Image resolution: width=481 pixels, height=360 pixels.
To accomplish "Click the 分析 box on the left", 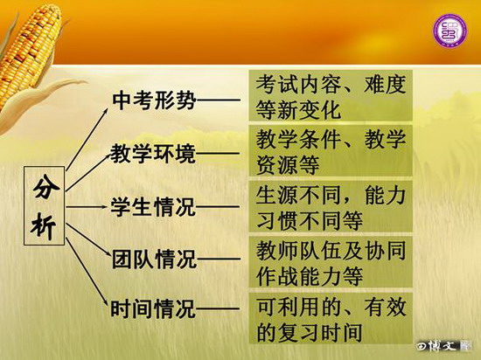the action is [45, 206].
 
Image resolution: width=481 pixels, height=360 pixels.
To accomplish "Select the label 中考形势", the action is [154, 100].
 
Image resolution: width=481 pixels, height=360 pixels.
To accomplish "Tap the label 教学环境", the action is [153, 153].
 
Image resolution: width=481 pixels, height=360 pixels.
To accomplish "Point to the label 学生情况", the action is [153, 207].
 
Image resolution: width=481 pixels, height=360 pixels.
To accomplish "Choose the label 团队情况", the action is [154, 259].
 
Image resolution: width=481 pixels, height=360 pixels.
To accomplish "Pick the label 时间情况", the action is [153, 308].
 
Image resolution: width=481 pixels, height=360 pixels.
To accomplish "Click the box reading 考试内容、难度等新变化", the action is [331, 95].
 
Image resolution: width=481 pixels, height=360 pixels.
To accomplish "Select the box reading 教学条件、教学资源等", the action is [331, 150].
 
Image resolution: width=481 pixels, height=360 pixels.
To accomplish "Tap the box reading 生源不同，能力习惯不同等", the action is [331, 206].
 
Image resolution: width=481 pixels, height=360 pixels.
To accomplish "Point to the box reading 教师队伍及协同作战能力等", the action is [331, 262].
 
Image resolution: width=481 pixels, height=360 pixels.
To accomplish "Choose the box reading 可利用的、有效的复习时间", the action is [331, 318].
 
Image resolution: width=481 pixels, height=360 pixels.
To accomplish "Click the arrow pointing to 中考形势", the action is [87, 139].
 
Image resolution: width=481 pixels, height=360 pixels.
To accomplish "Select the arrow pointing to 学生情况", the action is [87, 207].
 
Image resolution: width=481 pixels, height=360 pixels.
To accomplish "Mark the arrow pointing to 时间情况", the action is [87, 272].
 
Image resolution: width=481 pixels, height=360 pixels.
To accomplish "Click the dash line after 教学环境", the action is [218, 153].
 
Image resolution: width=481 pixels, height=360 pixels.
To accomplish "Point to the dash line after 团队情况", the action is [219, 260].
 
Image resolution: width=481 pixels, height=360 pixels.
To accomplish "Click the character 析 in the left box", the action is [44, 225].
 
